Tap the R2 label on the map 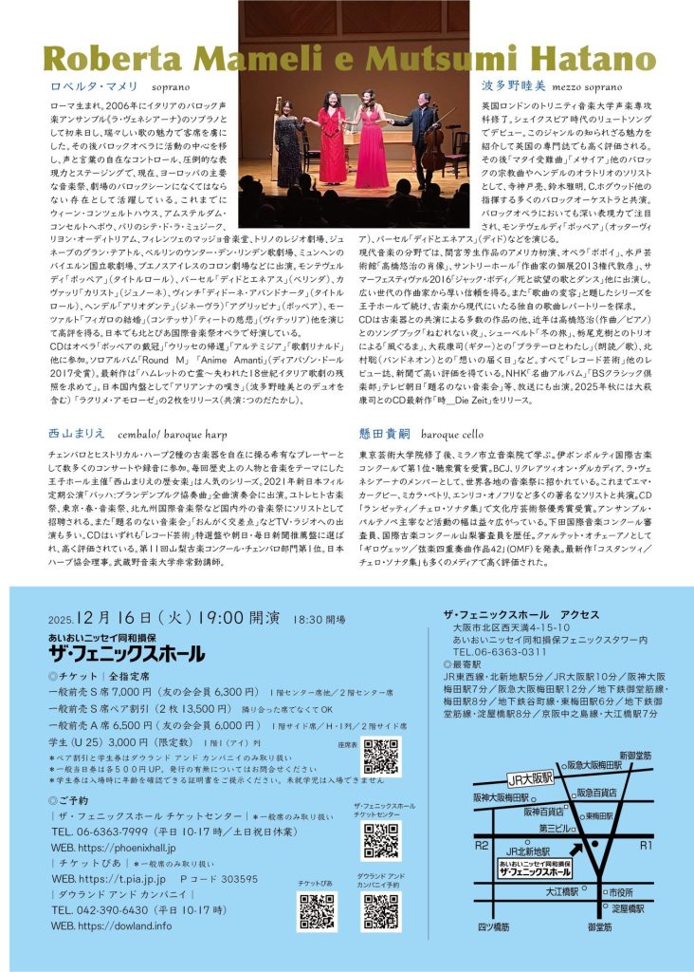(x=482, y=844)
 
